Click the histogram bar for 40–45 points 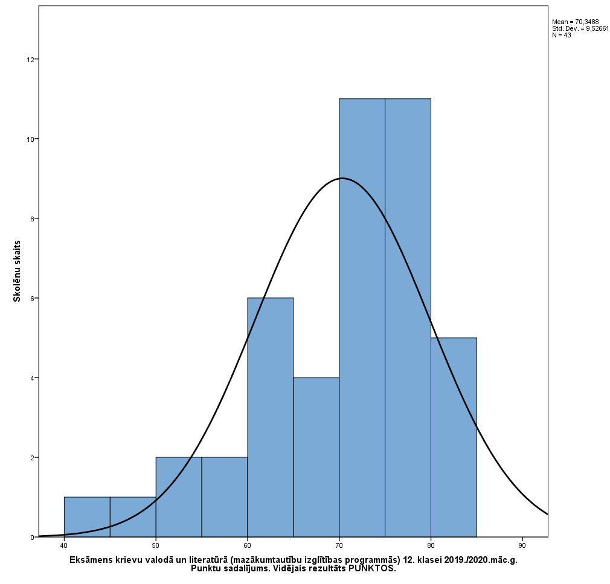click(87, 517)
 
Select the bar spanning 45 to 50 click(133, 517)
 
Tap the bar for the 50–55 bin click(179, 497)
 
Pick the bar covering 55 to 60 click(225, 497)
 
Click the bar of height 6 click(271, 417)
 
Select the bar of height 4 click(316, 457)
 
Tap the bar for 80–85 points click(454, 437)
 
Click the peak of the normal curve click(342, 178)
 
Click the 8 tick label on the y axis click(30, 218)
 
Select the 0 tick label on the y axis click(30, 537)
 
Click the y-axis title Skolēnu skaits click(17, 271)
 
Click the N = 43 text click(561, 35)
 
